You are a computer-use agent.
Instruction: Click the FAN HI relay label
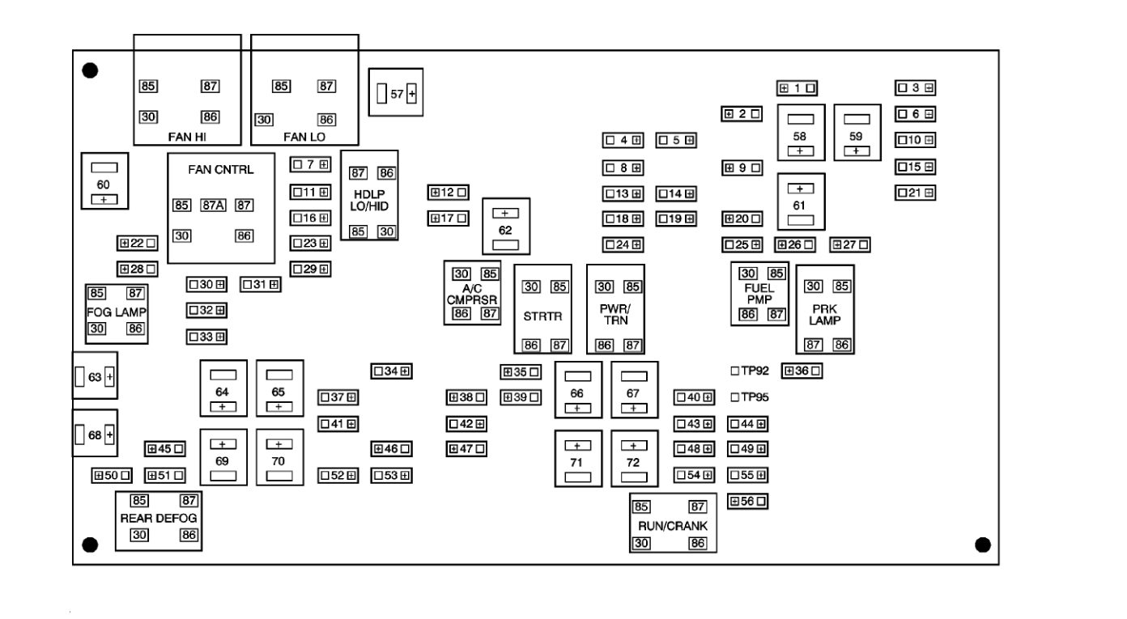(186, 136)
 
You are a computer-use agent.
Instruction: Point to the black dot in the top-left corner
(91, 70)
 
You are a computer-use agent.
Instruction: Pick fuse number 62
(505, 231)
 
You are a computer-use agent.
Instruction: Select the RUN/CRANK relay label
(672, 525)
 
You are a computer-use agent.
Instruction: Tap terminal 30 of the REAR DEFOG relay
(138, 535)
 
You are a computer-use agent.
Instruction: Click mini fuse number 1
(797, 87)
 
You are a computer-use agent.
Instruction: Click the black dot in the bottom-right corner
(982, 544)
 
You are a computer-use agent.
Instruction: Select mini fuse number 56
(748, 502)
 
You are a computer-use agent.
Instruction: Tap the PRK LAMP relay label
(825, 314)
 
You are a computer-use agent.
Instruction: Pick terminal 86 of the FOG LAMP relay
(135, 328)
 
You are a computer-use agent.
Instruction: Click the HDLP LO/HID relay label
(369, 201)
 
